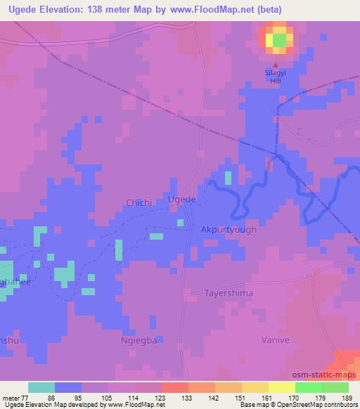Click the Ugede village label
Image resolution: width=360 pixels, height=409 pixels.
coord(181,200)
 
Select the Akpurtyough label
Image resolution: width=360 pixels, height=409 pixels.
coord(229,230)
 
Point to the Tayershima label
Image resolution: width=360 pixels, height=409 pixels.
coord(229,293)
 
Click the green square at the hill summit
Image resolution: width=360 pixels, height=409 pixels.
coord(279,40)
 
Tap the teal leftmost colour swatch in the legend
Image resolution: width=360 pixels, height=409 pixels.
coord(41,387)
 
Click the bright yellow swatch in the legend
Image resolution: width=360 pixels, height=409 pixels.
coord(282,387)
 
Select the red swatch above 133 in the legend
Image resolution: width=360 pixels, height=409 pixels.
coord(175,387)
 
